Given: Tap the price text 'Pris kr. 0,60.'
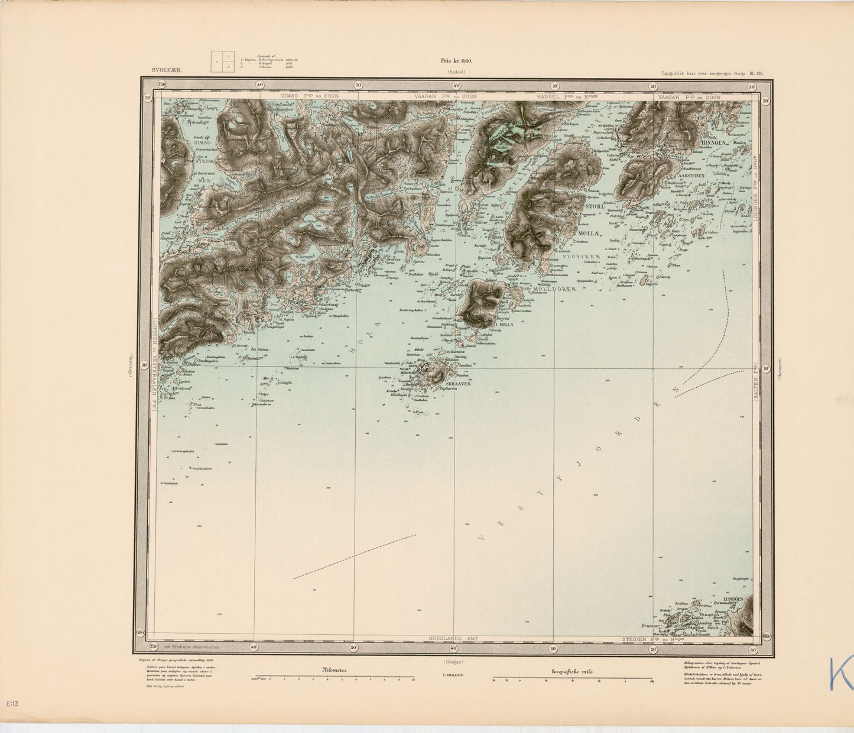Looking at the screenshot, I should pyautogui.click(x=456, y=60).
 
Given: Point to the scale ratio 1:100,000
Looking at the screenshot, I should pyautogui.click(x=453, y=674).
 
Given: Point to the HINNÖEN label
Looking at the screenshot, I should pyautogui.click(x=710, y=142).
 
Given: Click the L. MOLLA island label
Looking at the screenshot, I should pyautogui.click(x=502, y=325).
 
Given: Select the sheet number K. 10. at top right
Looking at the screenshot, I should pyautogui.click(x=756, y=74).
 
